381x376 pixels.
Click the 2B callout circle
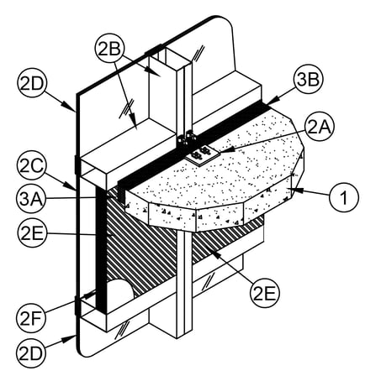tap(110, 50)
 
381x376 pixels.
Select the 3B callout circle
tap(308, 80)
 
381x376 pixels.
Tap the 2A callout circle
tap(320, 128)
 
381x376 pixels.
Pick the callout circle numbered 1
tap(344, 197)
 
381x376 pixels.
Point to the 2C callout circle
tap(31, 167)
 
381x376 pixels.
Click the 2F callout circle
tap(31, 319)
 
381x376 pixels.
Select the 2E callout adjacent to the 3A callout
tap(31, 232)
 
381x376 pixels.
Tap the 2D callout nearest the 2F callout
tap(31, 353)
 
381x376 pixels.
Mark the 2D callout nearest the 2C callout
tap(32, 83)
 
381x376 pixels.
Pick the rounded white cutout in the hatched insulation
tap(119, 292)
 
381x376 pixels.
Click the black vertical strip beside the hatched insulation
tap(101, 249)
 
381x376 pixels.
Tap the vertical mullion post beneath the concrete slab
tap(184, 283)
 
